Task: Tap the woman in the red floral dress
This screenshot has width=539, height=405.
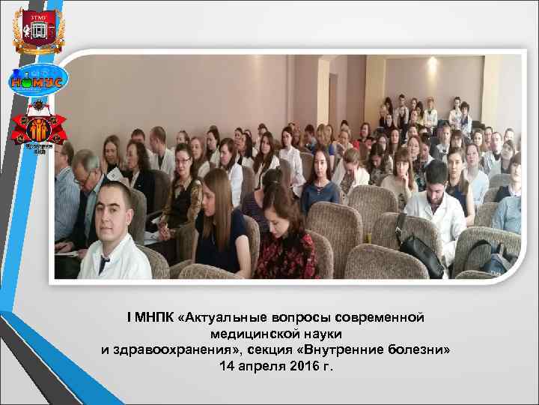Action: pyautogui.click(x=284, y=240)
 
